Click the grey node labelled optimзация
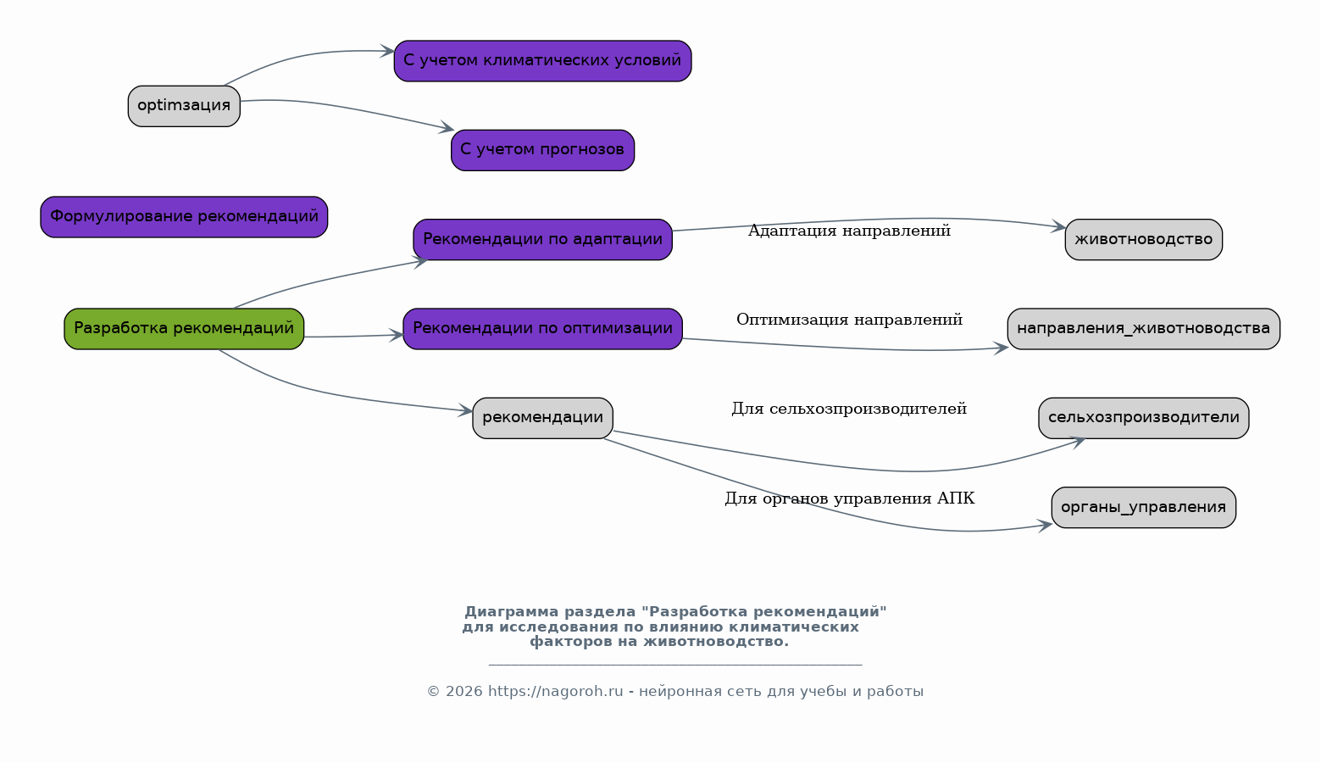[184, 106]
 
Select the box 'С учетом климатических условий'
[542, 61]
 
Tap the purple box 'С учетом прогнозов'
[542, 150]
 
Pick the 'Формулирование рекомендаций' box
[184, 217]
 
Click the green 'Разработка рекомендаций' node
[184, 329]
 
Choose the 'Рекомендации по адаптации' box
[542, 240]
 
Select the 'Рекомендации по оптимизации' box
[542, 329]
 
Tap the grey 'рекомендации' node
[542, 418]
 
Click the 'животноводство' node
[1144, 240]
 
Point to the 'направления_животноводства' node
[1144, 329]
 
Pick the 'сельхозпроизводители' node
[1144, 418]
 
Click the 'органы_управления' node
[1144, 508]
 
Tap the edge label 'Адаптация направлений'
[849, 231]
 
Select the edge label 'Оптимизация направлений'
[849, 320]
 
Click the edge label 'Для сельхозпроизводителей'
[849, 409]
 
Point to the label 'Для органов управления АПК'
[849, 498]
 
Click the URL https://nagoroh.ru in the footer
[555, 692]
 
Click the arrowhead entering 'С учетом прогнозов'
[447, 127]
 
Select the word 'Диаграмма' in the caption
[511, 612]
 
